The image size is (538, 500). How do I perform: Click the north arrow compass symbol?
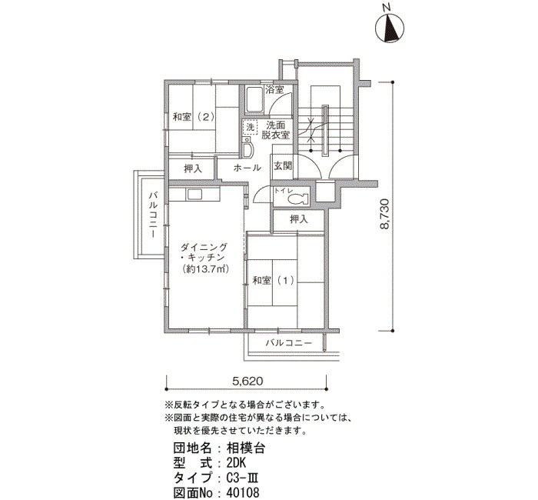[x=390, y=28]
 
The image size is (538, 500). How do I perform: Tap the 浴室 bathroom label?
[x=274, y=90]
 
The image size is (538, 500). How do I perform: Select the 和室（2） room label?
[x=194, y=117]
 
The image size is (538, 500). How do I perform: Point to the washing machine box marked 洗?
[x=250, y=128]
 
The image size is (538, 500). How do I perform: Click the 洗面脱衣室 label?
[x=276, y=130]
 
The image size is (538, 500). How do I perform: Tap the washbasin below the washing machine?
[x=247, y=148]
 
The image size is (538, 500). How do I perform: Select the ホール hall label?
[x=247, y=168]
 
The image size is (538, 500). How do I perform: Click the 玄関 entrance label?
[x=283, y=166]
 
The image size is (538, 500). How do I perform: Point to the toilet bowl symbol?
[x=297, y=198]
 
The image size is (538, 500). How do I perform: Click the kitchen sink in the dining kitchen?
[x=195, y=195]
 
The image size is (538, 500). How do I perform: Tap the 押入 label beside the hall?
[x=193, y=169]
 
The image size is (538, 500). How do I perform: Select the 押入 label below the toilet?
[x=299, y=219]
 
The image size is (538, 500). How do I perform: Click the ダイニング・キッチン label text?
[x=204, y=252]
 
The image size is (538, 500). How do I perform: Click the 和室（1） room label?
[x=274, y=281]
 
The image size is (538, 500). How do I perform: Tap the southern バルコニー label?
[x=289, y=343]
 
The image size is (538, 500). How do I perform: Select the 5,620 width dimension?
[x=247, y=381]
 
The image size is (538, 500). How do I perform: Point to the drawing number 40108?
[x=243, y=493]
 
